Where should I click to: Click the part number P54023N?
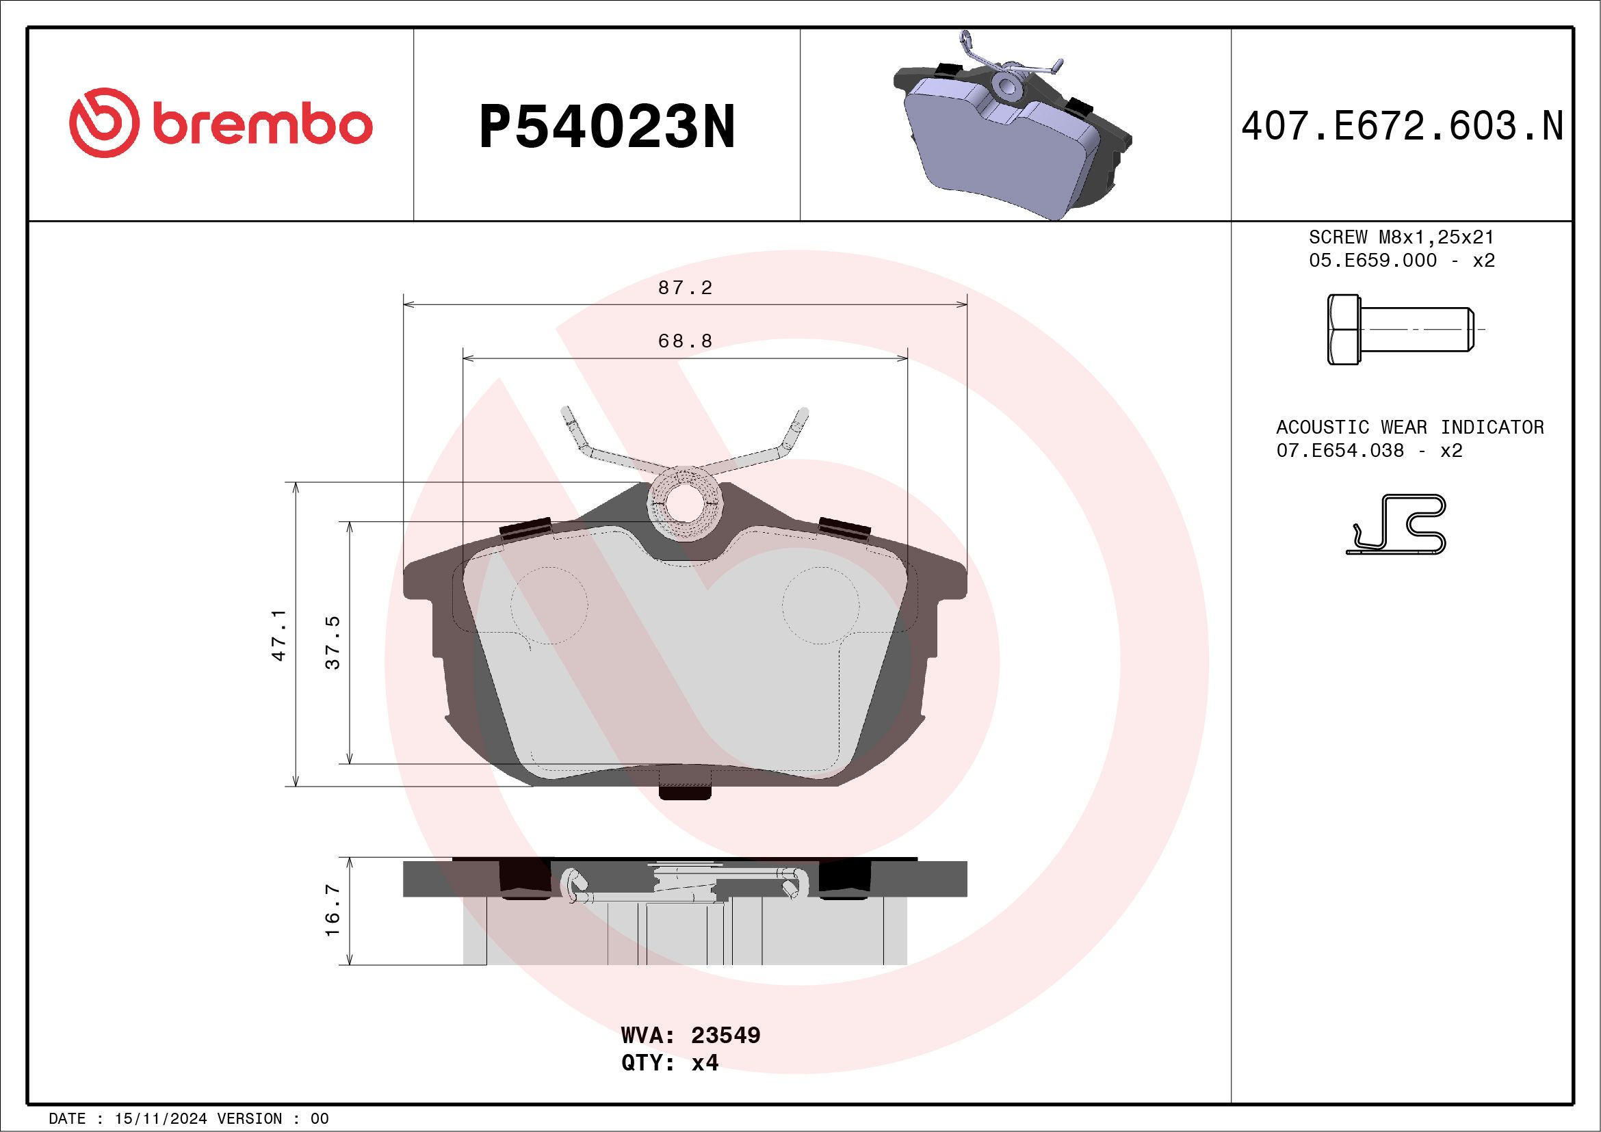coord(607,127)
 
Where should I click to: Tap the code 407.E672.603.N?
coord(1402,127)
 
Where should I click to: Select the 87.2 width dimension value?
coord(685,288)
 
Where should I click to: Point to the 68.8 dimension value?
coord(685,341)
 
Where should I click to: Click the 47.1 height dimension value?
coord(279,634)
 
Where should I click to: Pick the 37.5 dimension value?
coord(333,642)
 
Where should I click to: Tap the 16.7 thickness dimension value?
coord(333,910)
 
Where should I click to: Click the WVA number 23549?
coord(725,1035)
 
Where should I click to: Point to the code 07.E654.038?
coord(1340,450)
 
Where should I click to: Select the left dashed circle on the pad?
coord(549,605)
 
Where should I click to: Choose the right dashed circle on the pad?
coord(820,605)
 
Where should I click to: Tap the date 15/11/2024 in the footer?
coord(161,1118)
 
